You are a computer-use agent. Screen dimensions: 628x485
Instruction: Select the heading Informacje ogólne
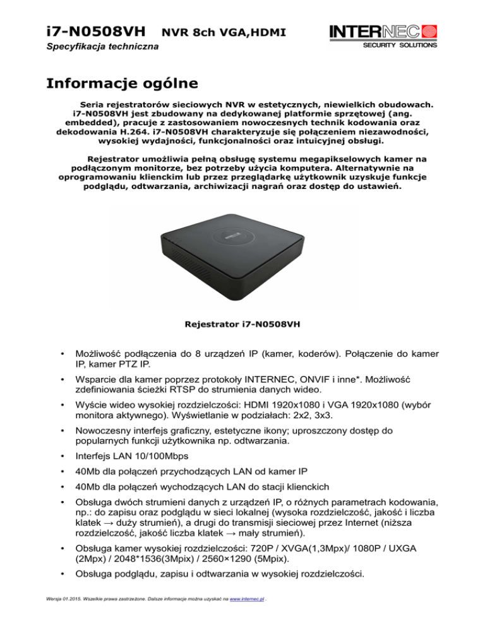coord(122,83)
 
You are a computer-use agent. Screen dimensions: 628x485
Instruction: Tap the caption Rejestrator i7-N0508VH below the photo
coord(242,325)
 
